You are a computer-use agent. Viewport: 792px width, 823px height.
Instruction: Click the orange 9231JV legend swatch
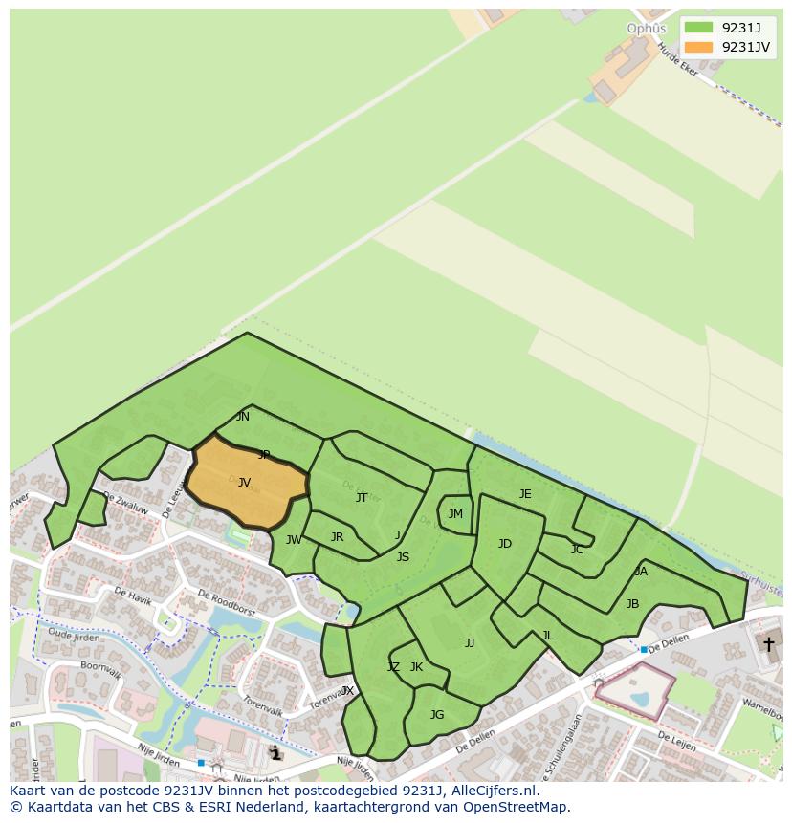[x=698, y=48]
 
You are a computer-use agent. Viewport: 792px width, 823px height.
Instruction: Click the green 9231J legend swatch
[x=698, y=27]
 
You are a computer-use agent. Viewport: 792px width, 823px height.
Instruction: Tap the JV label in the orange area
[x=244, y=483]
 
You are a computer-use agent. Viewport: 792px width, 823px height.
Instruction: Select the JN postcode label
[x=243, y=417]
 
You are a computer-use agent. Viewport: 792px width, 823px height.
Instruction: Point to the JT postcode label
[x=362, y=497]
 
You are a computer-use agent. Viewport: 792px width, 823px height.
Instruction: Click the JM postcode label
[x=455, y=514]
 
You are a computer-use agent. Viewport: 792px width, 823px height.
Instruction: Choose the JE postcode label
[x=525, y=494]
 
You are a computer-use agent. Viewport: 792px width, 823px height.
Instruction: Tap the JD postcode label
[x=505, y=544]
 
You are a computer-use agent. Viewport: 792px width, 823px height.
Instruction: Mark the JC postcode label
[x=577, y=550]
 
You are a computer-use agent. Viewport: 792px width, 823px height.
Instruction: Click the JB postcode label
[x=632, y=604]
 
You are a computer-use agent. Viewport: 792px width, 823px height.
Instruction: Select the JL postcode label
[x=547, y=635]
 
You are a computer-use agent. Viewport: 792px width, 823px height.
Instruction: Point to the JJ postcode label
[x=470, y=643]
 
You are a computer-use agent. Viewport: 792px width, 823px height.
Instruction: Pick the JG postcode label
[x=437, y=715]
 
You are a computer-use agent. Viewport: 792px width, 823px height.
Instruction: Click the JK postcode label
[x=416, y=667]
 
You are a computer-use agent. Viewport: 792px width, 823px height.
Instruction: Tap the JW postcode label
[x=294, y=540]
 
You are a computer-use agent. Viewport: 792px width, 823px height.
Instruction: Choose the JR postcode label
[x=337, y=537]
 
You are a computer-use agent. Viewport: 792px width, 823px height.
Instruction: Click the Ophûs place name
[x=646, y=29]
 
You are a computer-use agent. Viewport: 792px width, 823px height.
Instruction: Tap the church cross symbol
[x=768, y=644]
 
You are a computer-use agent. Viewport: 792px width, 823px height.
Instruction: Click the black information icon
[x=276, y=753]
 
